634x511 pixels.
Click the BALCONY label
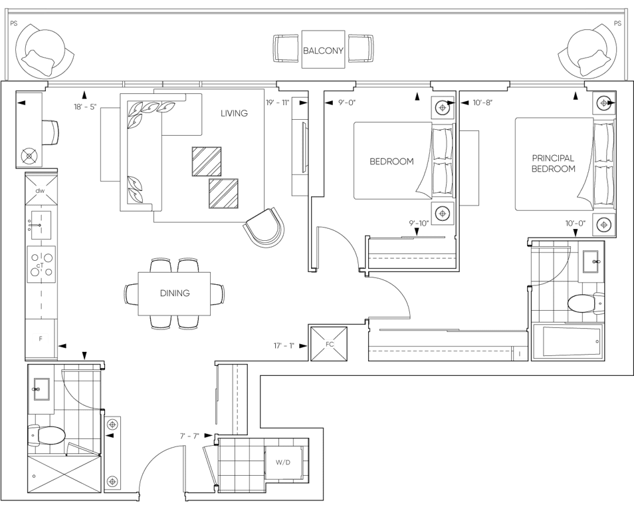tap(323, 51)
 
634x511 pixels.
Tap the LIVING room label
tap(234, 114)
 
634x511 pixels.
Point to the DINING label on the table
tap(175, 293)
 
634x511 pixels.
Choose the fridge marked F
tap(41, 339)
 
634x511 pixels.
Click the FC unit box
tap(328, 344)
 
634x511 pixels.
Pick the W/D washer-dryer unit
tap(284, 461)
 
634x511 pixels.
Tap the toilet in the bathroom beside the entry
tap(47, 436)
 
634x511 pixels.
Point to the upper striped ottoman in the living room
tap(207, 160)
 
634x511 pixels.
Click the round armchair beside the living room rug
tap(264, 228)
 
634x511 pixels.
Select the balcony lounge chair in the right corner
tap(588, 51)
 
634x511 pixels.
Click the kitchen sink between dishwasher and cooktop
tap(40, 223)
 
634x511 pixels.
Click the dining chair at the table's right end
tap(218, 293)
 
